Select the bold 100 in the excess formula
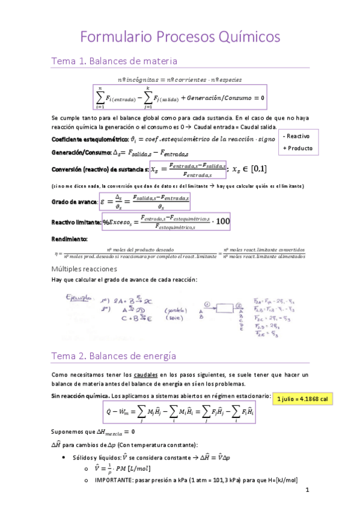click(222, 221)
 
